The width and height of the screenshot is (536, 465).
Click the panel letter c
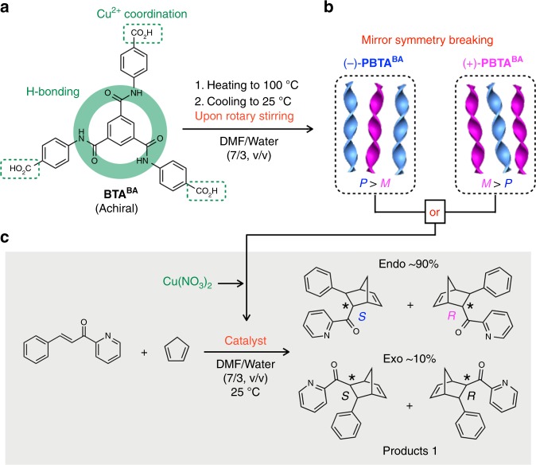pos(8,239)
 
